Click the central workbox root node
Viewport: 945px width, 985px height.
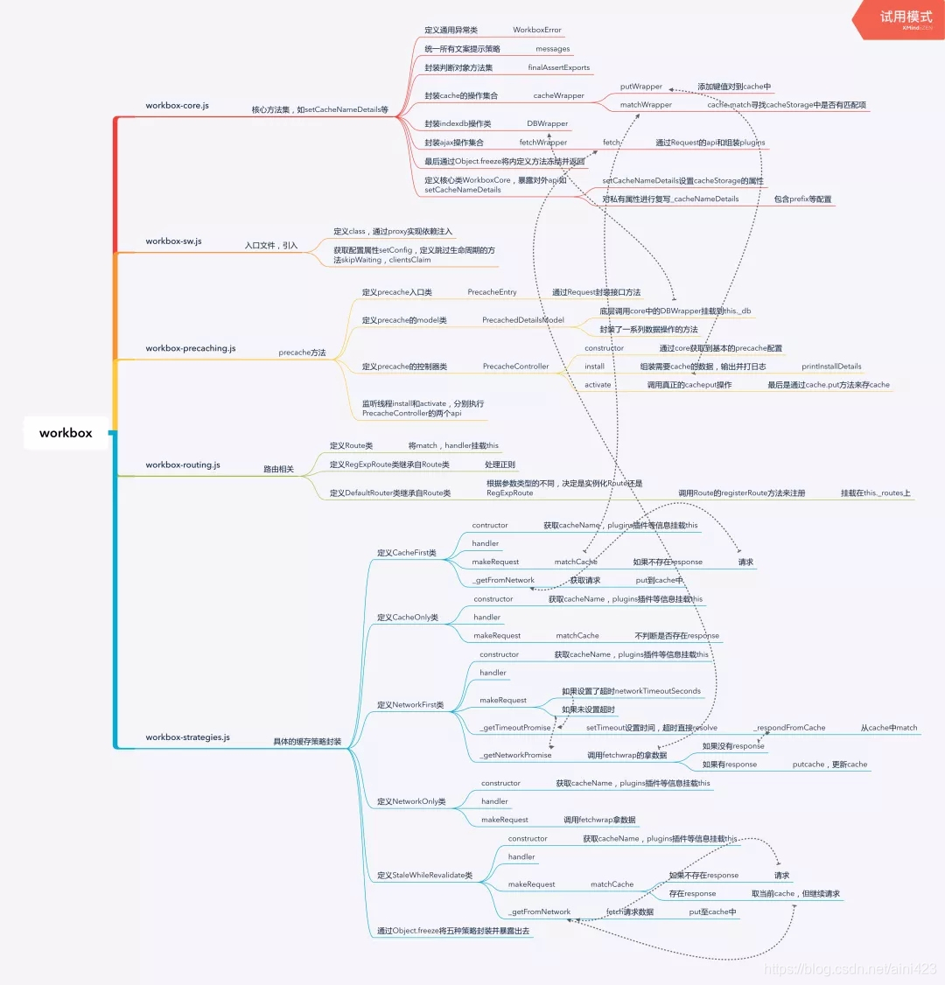point(66,433)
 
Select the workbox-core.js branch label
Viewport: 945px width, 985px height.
point(177,106)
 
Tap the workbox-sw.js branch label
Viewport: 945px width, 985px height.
point(173,241)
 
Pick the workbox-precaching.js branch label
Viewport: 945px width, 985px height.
point(190,348)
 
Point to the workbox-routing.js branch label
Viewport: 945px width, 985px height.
point(182,465)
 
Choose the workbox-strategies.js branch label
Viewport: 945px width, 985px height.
point(187,737)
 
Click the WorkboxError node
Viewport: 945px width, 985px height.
point(536,30)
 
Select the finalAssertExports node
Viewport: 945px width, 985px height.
point(558,67)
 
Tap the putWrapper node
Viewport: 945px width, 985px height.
point(640,87)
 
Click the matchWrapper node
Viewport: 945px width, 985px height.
point(646,105)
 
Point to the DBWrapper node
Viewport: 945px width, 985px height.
point(547,124)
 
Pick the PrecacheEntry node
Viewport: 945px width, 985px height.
point(492,292)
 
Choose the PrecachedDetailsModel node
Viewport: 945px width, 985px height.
point(522,321)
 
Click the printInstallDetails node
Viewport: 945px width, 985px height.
point(831,367)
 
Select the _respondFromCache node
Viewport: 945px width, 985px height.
point(789,728)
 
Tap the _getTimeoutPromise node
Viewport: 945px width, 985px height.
point(515,728)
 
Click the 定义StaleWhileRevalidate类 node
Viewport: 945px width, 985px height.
point(424,876)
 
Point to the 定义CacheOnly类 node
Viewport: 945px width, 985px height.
point(407,618)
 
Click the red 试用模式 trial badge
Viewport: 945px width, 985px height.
point(905,18)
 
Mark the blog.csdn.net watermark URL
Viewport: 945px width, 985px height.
point(850,968)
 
